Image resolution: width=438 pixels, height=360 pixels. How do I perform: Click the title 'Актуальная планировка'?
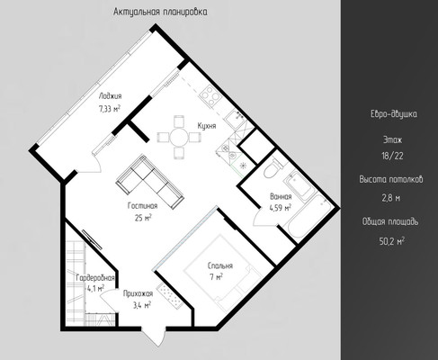point(160,12)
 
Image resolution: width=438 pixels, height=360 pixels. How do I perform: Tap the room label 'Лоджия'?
point(111,96)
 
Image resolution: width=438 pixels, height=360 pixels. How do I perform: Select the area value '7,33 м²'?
point(110,109)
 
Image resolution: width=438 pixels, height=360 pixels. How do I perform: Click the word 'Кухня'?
point(207,126)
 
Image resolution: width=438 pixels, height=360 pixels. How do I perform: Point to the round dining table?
point(179,138)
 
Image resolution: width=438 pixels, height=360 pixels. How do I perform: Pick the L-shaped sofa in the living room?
point(150,182)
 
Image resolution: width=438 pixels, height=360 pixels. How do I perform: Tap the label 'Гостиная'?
point(143,206)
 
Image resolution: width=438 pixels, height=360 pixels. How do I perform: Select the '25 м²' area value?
point(143,218)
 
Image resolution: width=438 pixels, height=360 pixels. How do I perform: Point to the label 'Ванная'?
point(281,197)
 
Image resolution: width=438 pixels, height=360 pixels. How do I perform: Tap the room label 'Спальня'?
point(220,265)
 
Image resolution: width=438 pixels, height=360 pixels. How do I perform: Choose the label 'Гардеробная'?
point(95,278)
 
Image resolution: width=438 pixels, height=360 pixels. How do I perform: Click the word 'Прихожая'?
point(138,293)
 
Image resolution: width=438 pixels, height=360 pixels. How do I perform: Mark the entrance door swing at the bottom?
point(154,337)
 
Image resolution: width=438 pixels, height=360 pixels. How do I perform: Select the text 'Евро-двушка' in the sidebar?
point(393,114)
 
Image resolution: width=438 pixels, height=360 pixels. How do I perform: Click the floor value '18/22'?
point(392,156)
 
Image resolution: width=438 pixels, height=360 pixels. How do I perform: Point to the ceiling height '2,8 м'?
point(391,198)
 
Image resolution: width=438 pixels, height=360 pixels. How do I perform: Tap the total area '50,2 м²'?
point(392,241)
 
